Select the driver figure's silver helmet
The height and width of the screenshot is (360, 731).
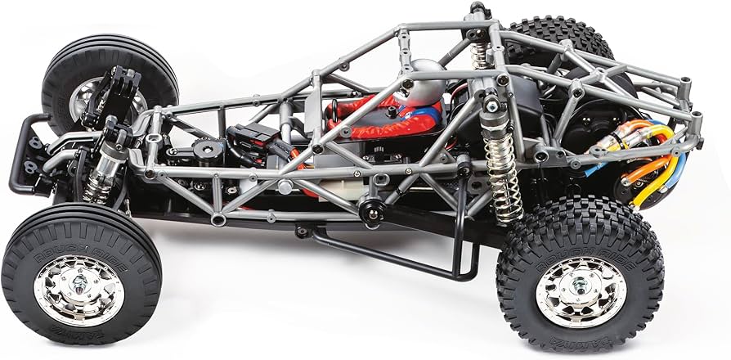pyautogui.click(x=428, y=81)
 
